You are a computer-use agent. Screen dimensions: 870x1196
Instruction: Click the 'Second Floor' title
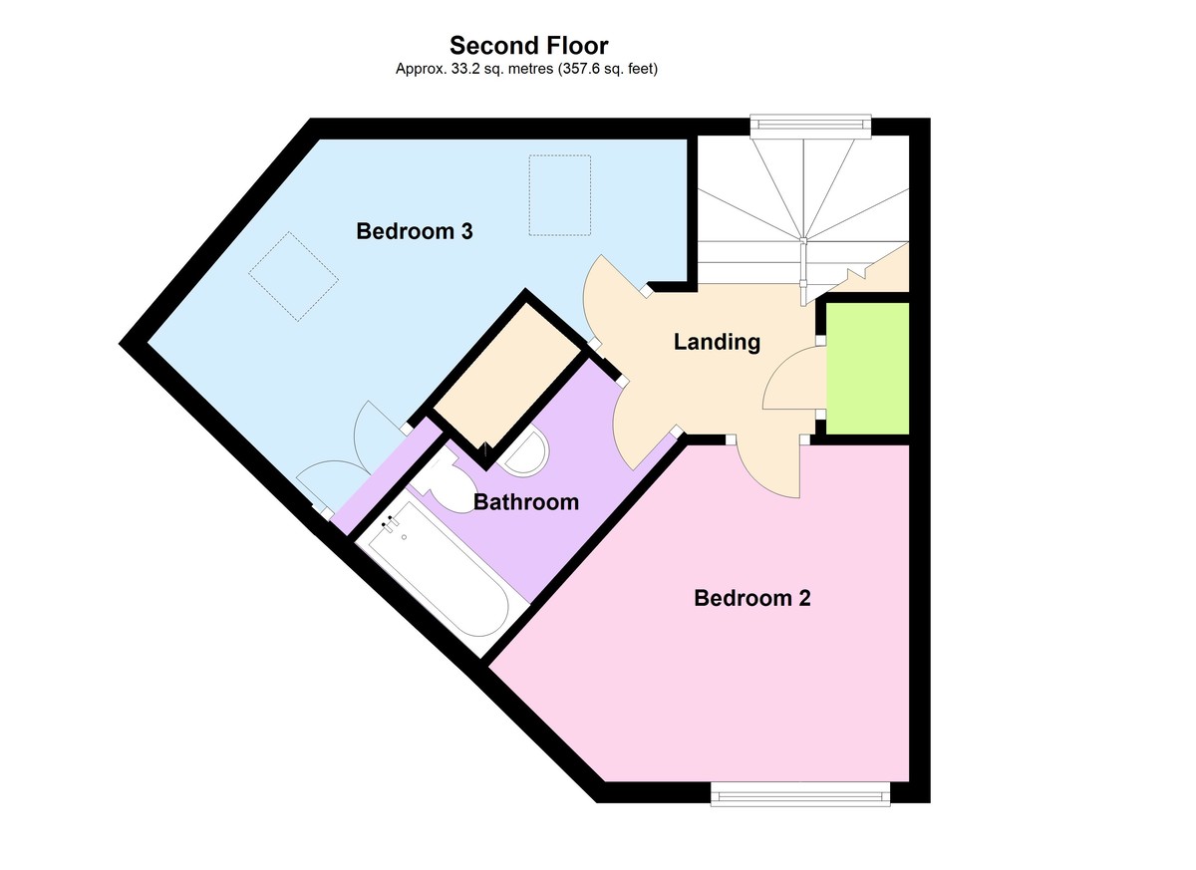pos(528,45)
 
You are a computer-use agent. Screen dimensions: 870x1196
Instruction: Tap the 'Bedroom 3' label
pos(414,231)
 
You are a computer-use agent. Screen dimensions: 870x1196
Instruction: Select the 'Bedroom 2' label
pos(751,598)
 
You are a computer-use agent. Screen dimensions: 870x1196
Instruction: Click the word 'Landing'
pos(717,342)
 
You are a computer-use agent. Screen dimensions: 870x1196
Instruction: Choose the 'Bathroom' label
pos(525,501)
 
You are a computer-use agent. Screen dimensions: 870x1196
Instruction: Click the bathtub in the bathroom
pos(439,578)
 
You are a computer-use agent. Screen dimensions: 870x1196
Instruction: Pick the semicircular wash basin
pos(525,454)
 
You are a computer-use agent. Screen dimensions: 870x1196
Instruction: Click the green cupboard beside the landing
pos(868,369)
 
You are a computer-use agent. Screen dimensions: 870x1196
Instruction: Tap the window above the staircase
pos(810,124)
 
